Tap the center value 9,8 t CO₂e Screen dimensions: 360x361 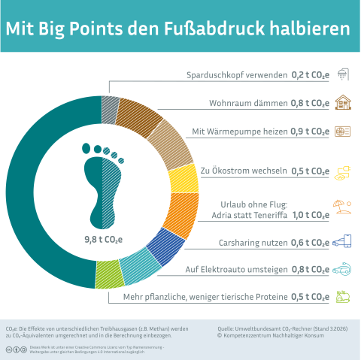(x=103, y=241)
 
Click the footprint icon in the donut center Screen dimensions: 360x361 (x=102, y=184)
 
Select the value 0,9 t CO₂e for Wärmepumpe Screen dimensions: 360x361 (x=311, y=132)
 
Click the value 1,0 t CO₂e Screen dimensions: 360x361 (x=311, y=215)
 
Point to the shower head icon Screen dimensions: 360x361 (x=342, y=74)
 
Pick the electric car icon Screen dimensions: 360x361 (x=342, y=269)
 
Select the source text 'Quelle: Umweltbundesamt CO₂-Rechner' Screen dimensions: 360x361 (x=271, y=328)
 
